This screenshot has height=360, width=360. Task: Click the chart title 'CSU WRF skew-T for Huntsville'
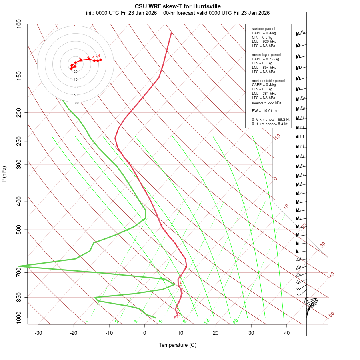pos(178,6)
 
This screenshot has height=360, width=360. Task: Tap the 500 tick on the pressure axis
pos(19,230)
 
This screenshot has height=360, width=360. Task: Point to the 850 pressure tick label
pos(19,297)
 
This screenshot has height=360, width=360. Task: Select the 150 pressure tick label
pos(19,76)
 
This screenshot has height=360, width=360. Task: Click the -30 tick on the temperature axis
pos(38,333)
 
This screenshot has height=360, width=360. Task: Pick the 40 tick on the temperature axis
pos(287,333)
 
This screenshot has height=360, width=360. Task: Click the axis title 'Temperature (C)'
pos(178,345)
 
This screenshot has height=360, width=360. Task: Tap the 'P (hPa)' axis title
pos(4,174)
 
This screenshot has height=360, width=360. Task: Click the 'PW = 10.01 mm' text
pos(266,111)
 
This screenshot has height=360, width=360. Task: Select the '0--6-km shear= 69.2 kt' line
pos(270,120)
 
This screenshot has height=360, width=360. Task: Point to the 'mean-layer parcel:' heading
pos(267,54)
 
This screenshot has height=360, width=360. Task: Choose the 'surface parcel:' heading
pos(264,29)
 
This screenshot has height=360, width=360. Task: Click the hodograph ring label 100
pos(76,103)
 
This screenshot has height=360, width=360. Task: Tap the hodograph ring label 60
pos(76,87)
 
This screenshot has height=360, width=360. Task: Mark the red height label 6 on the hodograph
pos(99,56)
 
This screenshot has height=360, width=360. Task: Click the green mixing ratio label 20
pos(235,321)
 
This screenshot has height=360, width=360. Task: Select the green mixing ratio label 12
pos(207,321)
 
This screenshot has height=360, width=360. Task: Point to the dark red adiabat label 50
pos(331,315)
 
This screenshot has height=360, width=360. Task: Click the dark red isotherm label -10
pos(277,137)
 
